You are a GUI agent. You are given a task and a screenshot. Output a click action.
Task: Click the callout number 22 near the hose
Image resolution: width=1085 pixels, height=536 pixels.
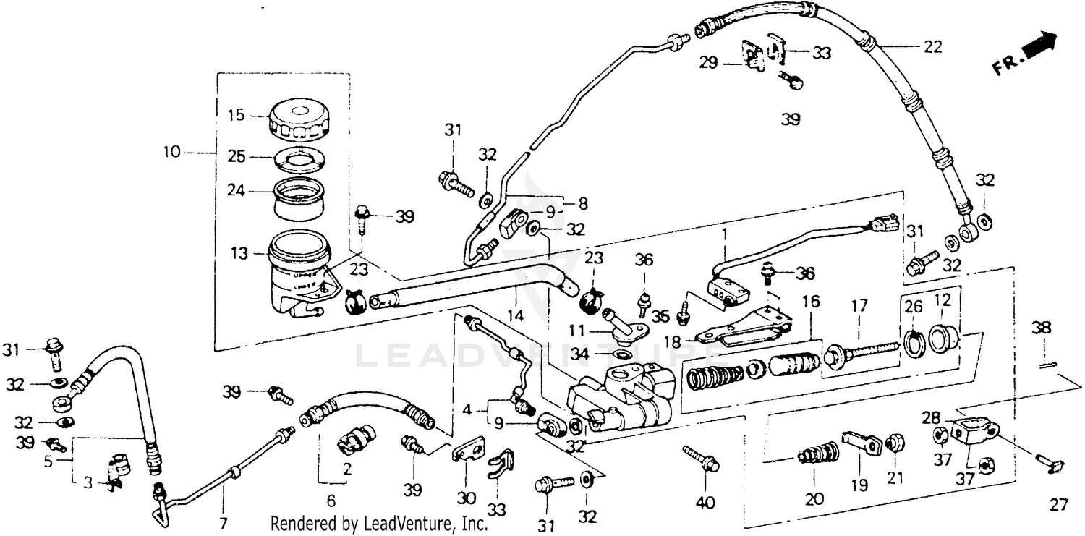(932, 47)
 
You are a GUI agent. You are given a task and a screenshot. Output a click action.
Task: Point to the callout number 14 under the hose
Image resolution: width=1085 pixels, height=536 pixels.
(516, 316)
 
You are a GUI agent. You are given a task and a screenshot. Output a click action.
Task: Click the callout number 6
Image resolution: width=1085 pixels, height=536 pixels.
(331, 500)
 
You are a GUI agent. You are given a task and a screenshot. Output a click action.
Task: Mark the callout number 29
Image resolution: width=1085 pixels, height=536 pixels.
(709, 64)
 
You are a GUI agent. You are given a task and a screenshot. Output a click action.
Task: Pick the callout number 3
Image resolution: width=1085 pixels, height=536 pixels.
(88, 482)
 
